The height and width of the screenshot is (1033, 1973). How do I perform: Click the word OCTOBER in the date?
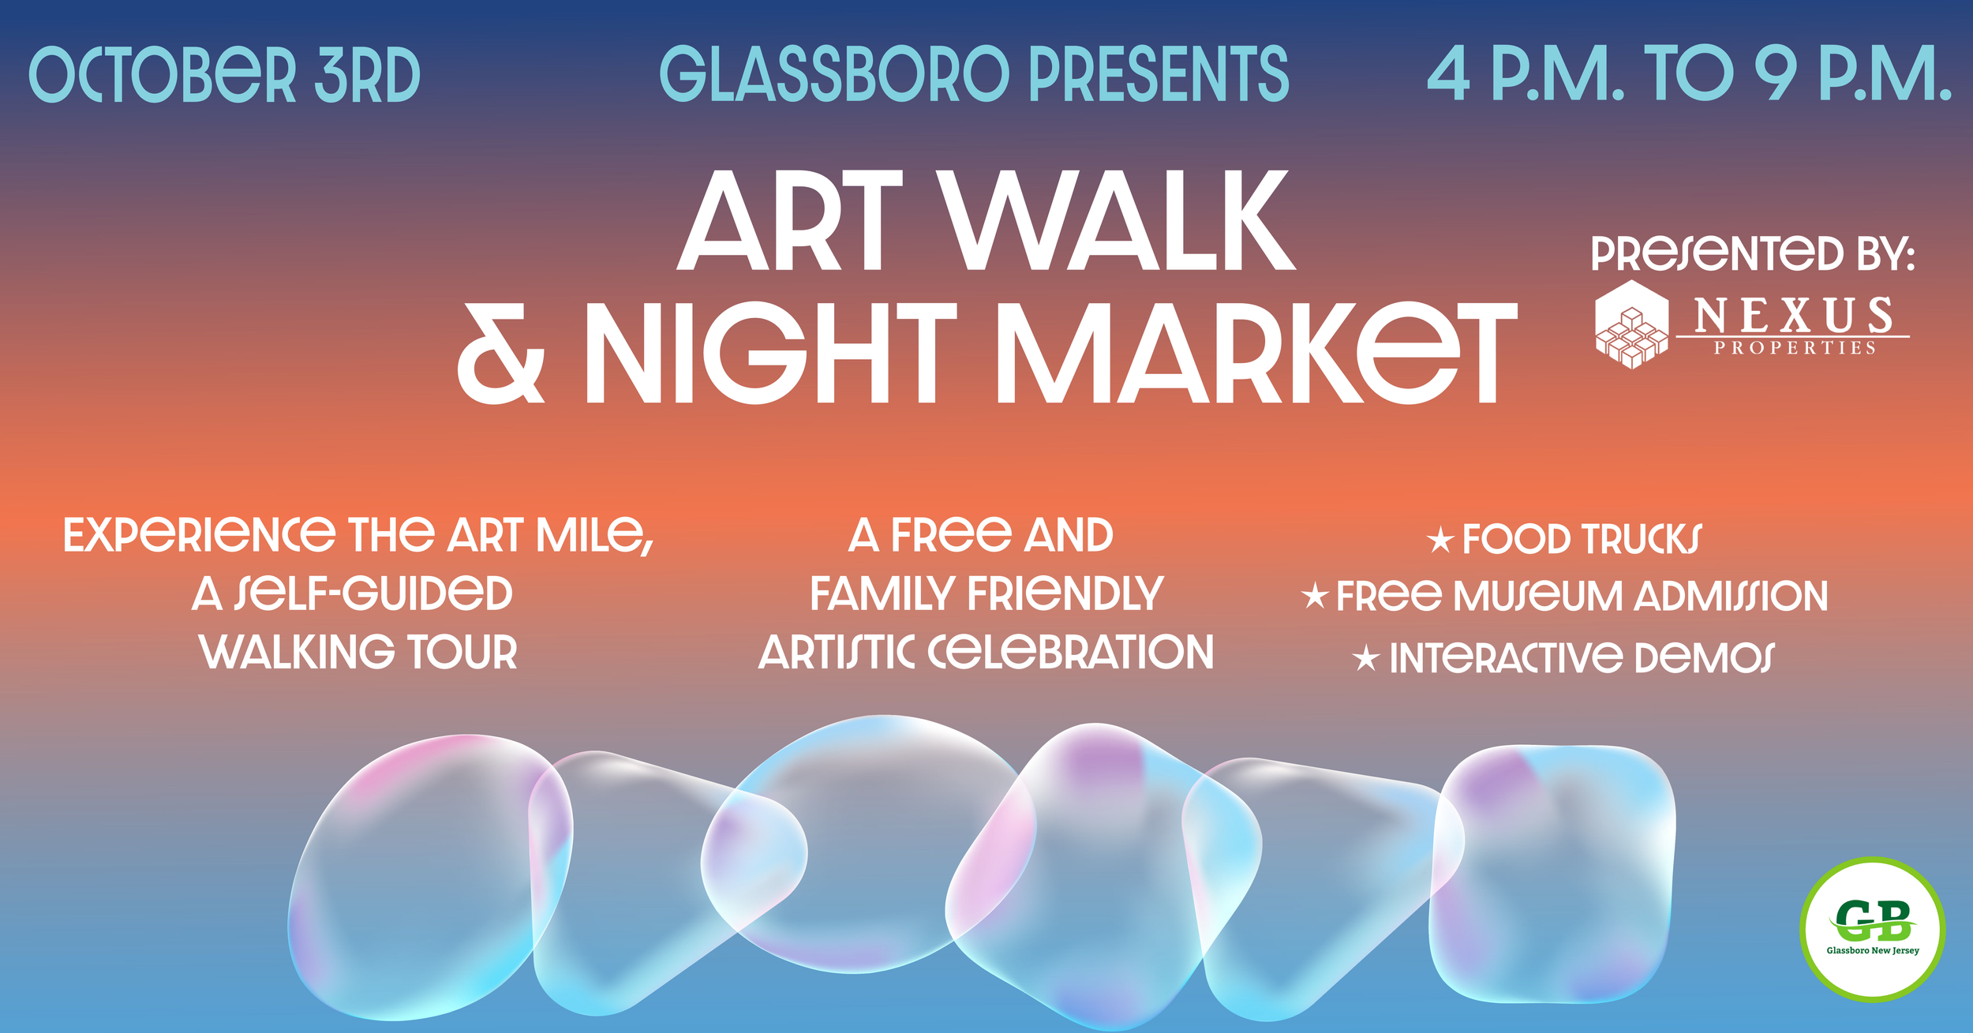[163, 75]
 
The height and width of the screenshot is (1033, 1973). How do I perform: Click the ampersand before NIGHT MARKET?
[501, 354]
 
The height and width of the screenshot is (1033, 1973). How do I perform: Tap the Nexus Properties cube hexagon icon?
[1631, 324]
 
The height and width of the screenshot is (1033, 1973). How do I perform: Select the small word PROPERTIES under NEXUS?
[1794, 348]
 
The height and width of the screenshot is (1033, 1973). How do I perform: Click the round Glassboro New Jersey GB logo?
[1872, 930]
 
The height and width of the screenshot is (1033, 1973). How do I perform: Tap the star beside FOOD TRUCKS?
[1440, 541]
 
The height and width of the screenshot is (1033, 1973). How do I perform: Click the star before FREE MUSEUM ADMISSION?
[1315, 596]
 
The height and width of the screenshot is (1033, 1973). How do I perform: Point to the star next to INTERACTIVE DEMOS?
[1366, 658]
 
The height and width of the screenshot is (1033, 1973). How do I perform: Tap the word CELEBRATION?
[1070, 653]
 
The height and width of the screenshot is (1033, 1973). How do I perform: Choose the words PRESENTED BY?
[1752, 254]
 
